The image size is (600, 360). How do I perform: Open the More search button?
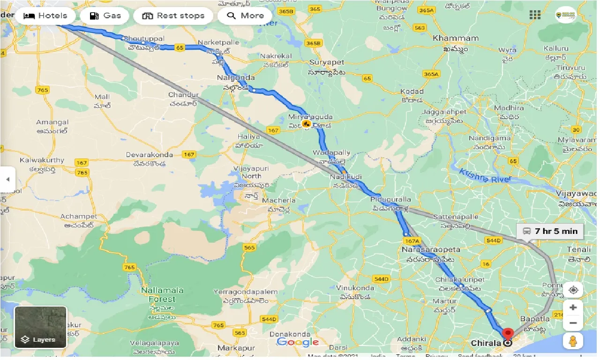pos(245,15)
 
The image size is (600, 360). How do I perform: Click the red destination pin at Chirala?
pos(507,335)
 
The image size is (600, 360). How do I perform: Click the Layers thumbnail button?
pos(40,327)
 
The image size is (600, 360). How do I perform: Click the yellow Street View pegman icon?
pos(573,341)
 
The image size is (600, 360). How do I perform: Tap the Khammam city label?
pos(456,38)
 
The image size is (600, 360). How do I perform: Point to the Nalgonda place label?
pos(236,78)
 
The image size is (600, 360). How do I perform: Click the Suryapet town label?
pos(327,62)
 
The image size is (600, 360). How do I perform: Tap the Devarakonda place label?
pos(149,155)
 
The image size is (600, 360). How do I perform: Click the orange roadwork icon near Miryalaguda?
pos(307,124)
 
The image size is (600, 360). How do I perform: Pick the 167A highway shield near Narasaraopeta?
pos(411,241)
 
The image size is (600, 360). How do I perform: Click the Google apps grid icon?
pos(535,15)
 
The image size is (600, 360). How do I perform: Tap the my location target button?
pos(573,290)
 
